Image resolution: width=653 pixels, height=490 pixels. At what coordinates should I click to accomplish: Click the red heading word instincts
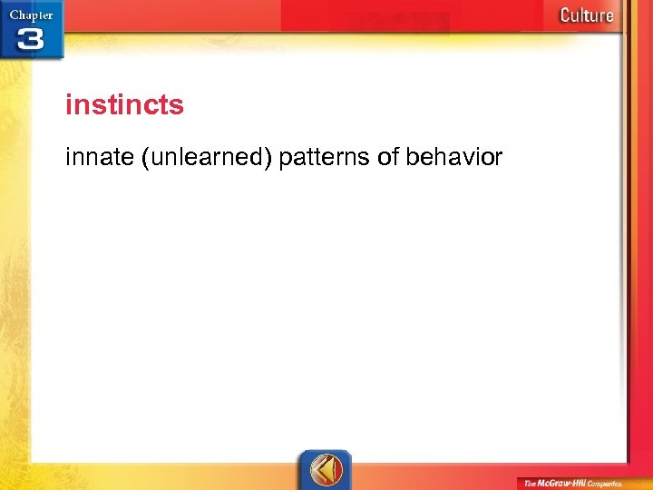coord(124,105)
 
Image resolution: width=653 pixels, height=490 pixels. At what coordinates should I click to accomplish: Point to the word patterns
coord(325,159)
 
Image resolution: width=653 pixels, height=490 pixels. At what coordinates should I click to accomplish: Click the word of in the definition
coord(387,158)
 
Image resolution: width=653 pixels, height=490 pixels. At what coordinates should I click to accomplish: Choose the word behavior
coord(453,158)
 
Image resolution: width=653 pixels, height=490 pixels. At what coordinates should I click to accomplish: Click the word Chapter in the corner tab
coord(32,15)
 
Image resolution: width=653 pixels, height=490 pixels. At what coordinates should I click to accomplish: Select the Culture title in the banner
coord(586,15)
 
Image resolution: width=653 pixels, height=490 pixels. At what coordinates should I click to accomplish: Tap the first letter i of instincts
coord(68,105)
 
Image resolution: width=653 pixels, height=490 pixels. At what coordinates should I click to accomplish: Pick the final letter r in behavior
coord(498,158)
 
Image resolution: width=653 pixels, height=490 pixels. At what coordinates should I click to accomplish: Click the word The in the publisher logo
coord(531,484)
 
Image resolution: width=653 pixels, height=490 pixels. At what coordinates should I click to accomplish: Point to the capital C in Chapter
coord(14,15)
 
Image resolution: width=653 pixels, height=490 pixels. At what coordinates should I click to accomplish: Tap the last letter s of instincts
coord(178,106)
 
